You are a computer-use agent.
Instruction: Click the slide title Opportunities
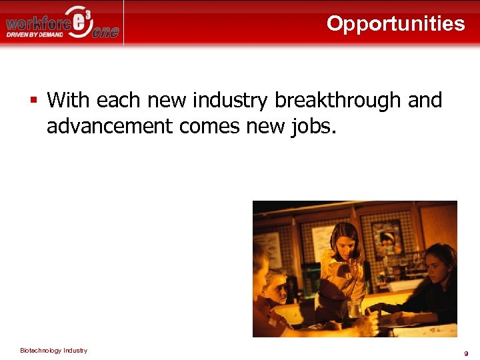pyautogui.click(x=395, y=23)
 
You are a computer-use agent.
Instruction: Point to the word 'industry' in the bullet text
pyautogui.click(x=230, y=101)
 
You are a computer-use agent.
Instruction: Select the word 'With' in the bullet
pyautogui.click(x=68, y=101)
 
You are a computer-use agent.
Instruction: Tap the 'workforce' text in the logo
pyautogui.click(x=37, y=24)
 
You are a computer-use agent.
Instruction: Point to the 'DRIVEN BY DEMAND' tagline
pyautogui.click(x=35, y=35)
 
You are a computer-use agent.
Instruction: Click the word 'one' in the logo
pyautogui.click(x=105, y=33)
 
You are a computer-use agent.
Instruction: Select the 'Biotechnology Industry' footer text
pyautogui.click(x=53, y=351)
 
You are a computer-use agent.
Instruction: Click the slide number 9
pyautogui.click(x=466, y=353)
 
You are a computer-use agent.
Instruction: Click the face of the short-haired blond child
pyautogui.click(x=275, y=287)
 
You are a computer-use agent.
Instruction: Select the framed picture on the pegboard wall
pyautogui.click(x=386, y=238)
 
